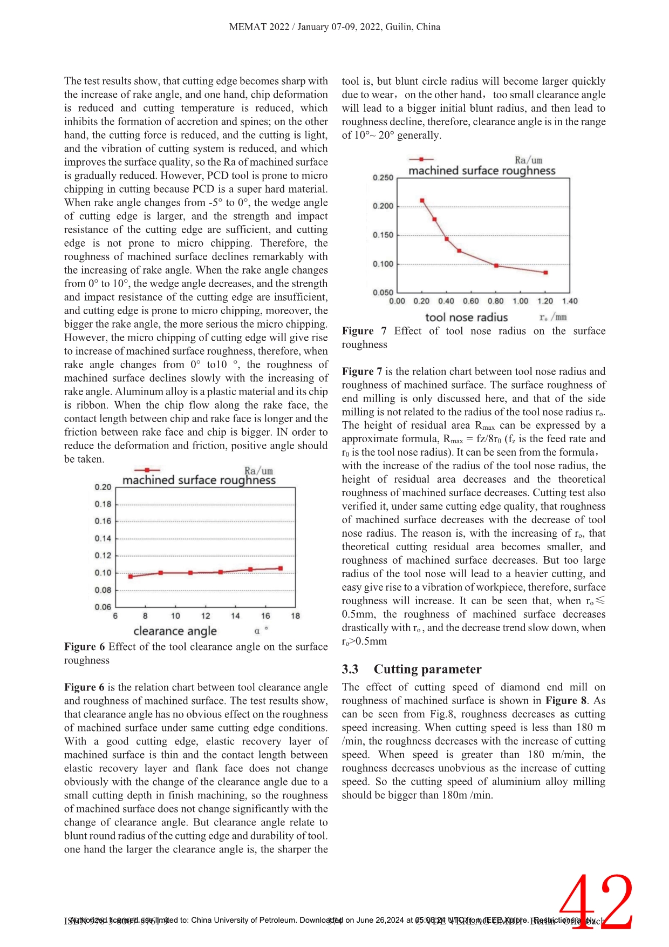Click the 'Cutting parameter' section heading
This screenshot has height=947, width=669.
tap(427, 669)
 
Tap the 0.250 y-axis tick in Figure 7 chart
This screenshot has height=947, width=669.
tap(383, 178)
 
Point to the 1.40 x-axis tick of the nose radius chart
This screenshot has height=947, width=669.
tap(570, 301)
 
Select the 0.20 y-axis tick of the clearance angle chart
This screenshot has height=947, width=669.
tap(103, 487)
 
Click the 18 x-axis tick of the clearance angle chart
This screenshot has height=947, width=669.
tap(295, 616)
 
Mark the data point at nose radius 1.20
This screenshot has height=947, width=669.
tap(545, 273)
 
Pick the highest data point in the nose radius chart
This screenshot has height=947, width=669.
tap(422, 201)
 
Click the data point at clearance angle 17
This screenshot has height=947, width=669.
tap(281, 569)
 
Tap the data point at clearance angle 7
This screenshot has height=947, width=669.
tap(131, 577)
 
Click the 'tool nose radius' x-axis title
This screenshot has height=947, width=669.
tap(467, 317)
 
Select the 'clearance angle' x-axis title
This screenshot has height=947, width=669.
tap(175, 631)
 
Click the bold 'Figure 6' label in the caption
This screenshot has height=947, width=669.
tap(84, 647)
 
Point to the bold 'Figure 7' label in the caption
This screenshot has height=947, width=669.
tap(364, 331)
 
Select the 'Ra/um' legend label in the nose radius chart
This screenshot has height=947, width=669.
tap(528, 160)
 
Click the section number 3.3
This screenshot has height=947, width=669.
tap(350, 669)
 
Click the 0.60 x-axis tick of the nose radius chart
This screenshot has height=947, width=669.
tap(471, 301)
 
